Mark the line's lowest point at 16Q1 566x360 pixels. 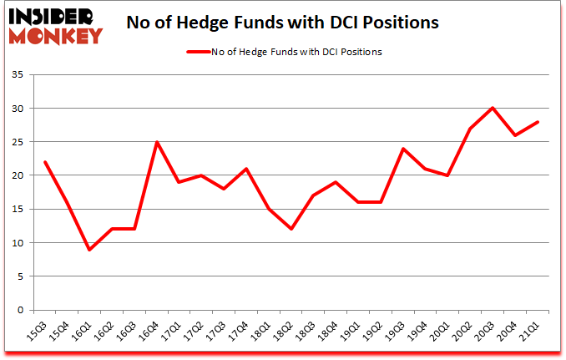tap(89, 250)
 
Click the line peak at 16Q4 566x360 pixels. tap(157, 142)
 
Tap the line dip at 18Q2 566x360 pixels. tap(292, 230)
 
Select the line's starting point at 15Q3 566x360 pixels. tap(44, 162)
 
